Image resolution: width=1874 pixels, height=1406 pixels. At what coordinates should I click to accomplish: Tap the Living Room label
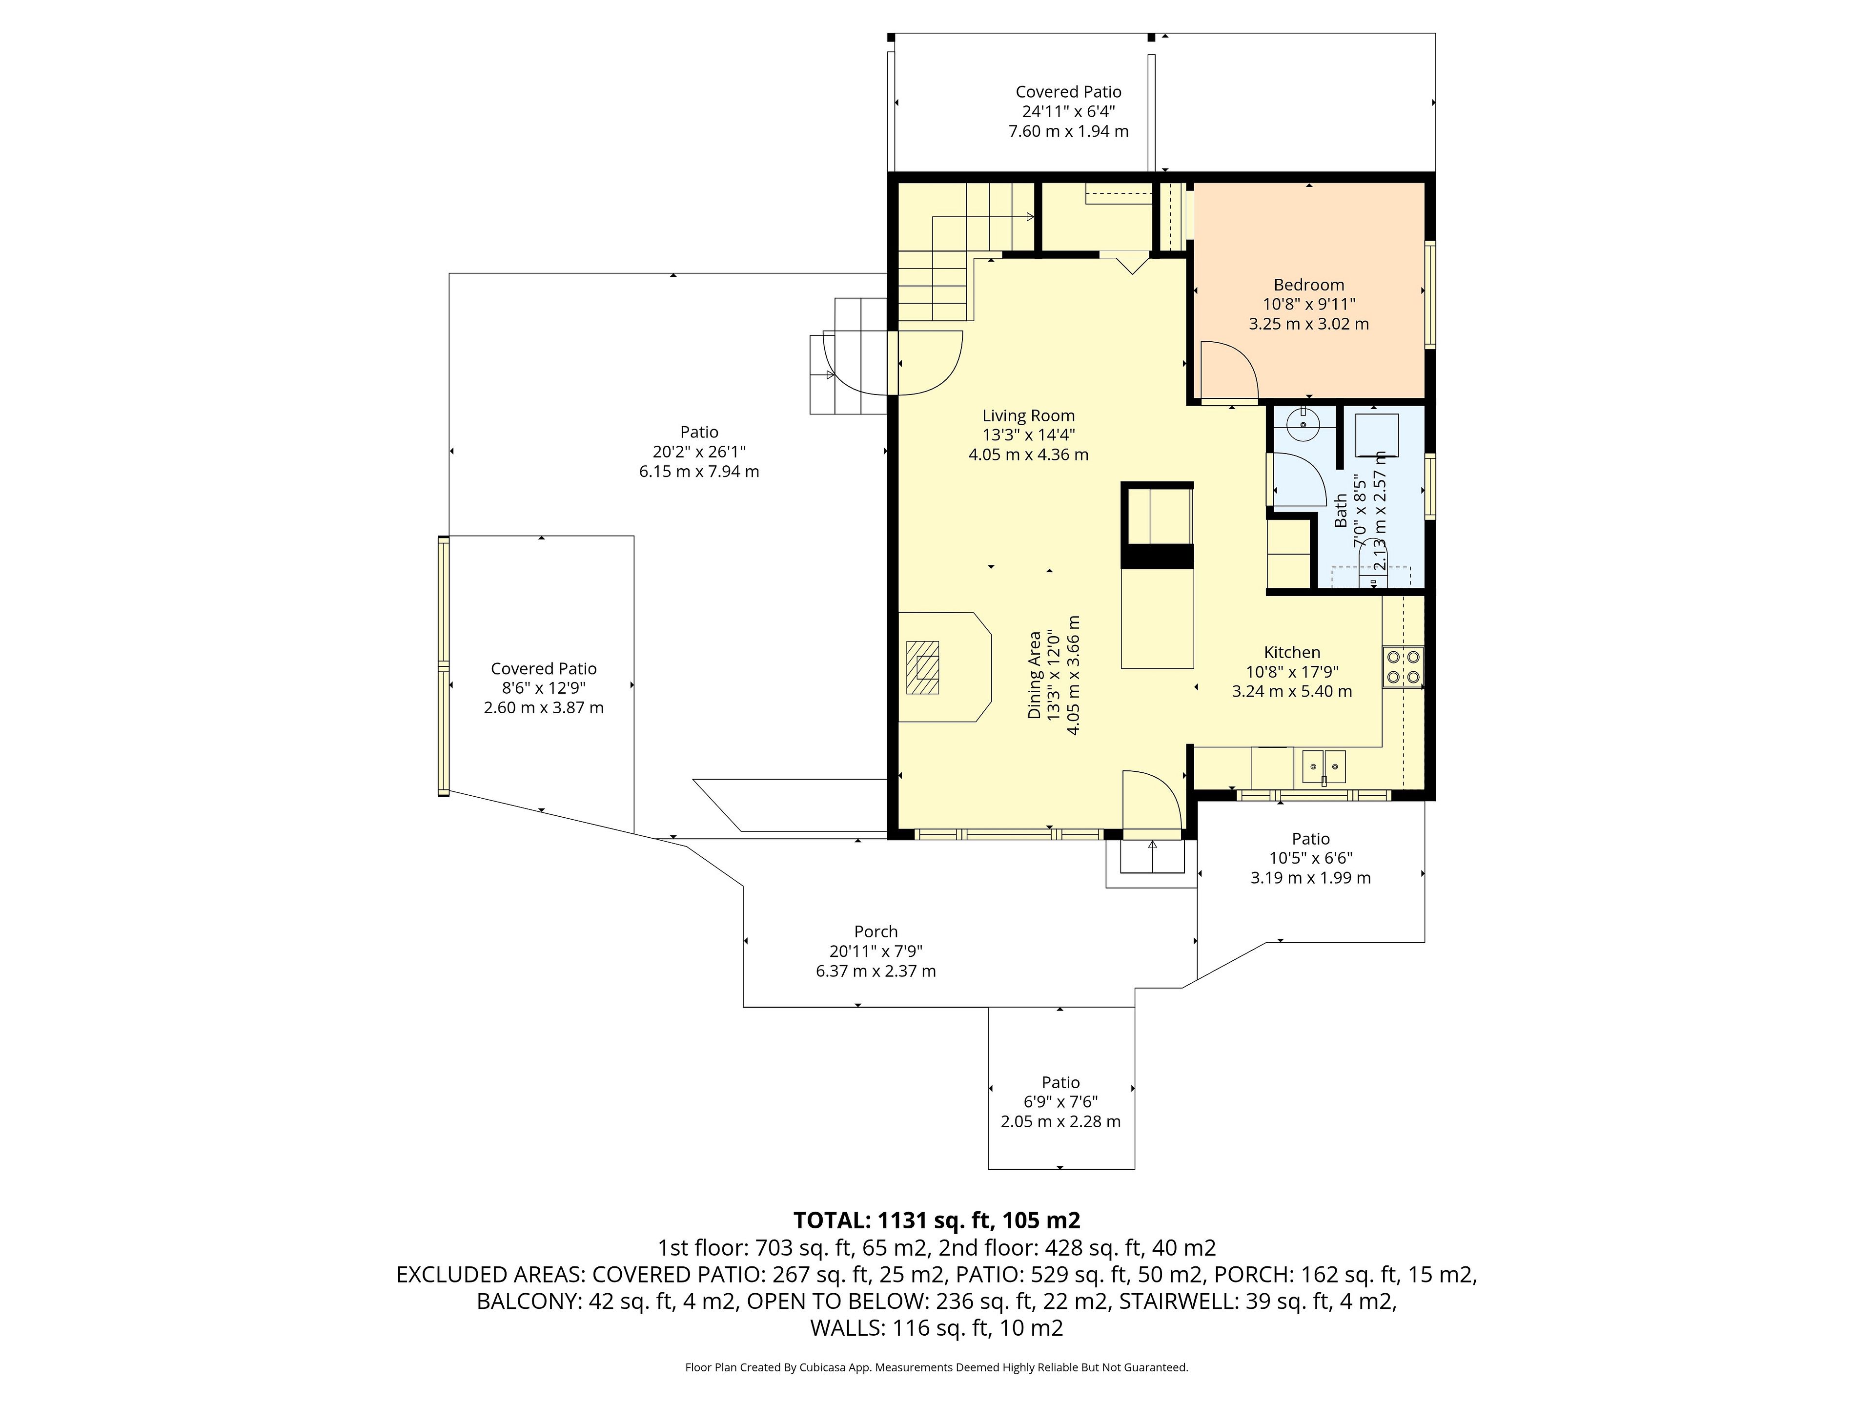click(1028, 416)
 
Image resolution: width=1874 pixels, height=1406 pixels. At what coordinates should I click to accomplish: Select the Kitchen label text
click(1292, 653)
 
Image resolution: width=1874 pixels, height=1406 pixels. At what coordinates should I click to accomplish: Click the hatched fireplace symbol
click(922, 668)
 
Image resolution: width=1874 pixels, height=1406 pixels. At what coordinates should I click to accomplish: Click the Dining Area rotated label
click(1035, 676)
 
